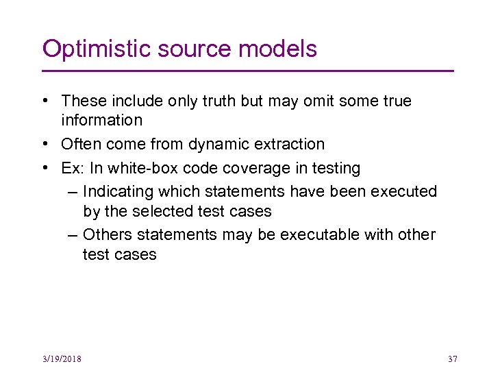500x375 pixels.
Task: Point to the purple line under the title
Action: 248,71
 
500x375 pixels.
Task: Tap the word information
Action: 101,121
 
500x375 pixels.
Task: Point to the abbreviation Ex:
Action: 73,168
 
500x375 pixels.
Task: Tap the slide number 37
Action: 451,359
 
